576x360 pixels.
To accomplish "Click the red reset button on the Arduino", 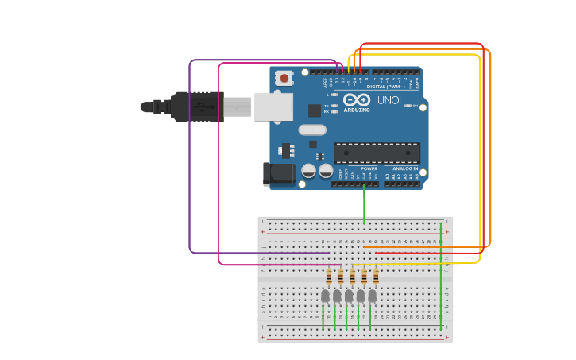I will [x=284, y=78].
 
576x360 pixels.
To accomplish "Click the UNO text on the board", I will [x=388, y=100].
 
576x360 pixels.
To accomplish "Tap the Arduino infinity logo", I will [x=357, y=99].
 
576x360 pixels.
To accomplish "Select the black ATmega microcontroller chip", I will [x=377, y=153].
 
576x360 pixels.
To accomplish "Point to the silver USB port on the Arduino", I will [x=273, y=106].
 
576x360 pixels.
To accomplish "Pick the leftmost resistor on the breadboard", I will [x=329, y=277].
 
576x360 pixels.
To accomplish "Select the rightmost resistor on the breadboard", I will [x=376, y=277].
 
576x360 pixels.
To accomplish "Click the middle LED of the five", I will [x=349, y=296].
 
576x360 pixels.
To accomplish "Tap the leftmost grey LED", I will [x=325, y=296].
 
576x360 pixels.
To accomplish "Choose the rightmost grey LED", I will [x=372, y=296].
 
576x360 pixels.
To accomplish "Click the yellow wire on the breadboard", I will [x=413, y=264].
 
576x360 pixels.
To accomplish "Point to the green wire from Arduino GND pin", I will [x=364, y=203].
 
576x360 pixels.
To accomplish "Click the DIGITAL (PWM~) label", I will [x=386, y=86].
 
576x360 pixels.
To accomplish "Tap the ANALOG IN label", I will [x=404, y=168].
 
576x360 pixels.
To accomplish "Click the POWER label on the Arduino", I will [x=369, y=168].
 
